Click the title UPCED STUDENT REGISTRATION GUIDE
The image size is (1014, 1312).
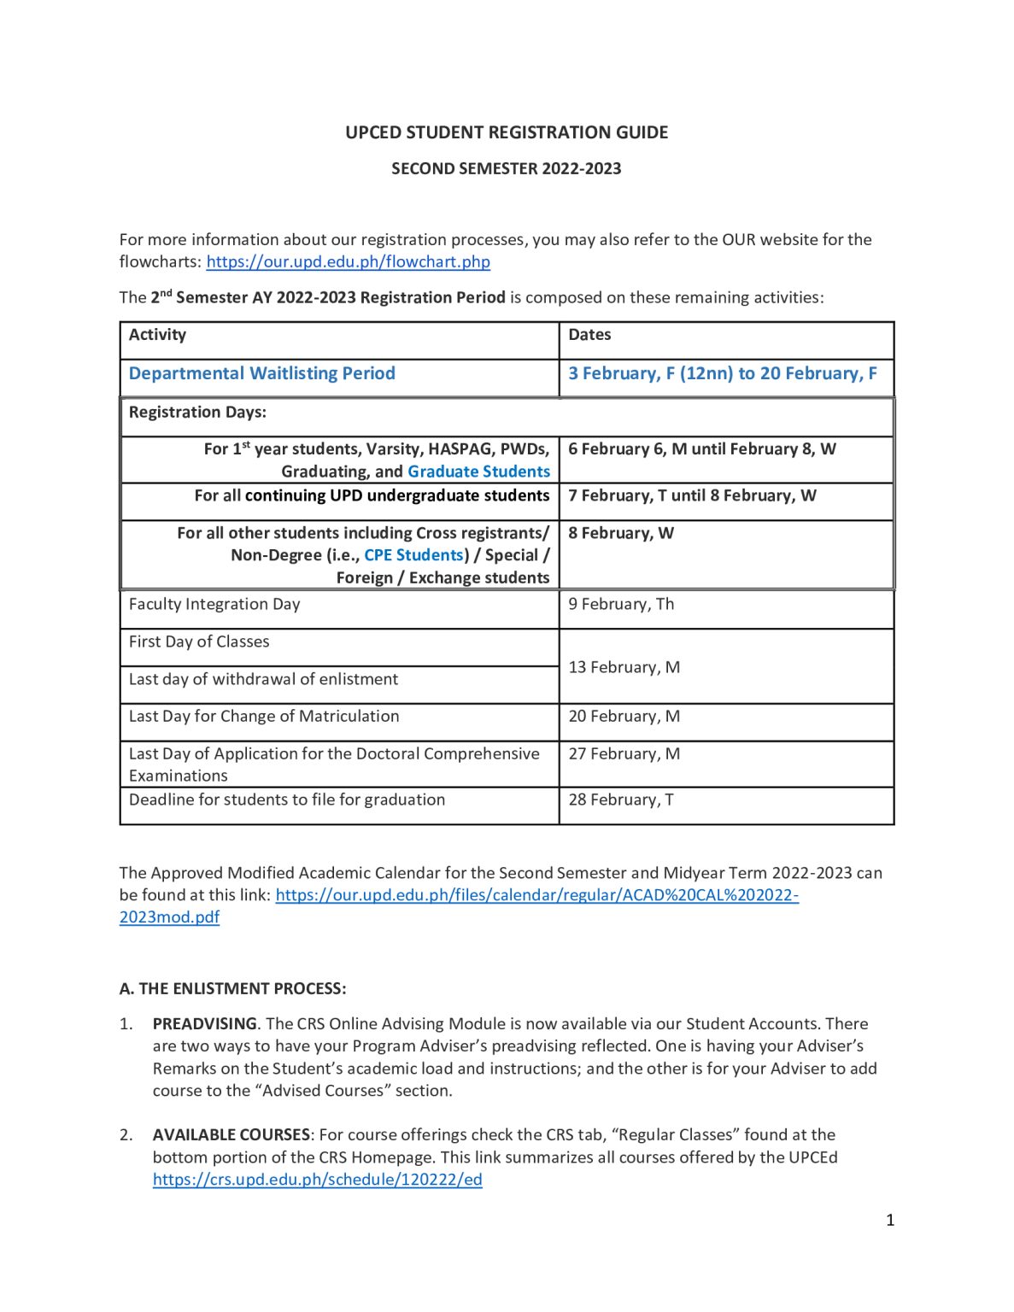click(x=507, y=132)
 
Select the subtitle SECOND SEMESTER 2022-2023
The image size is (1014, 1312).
click(x=507, y=168)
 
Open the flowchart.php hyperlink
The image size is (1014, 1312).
click(x=348, y=262)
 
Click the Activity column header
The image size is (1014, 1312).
click(x=157, y=335)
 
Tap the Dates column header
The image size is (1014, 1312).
click(x=589, y=335)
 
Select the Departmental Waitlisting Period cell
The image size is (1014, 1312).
click(x=261, y=373)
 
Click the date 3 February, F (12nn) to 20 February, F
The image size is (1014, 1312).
click(x=723, y=373)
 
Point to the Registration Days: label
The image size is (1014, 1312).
click(x=197, y=412)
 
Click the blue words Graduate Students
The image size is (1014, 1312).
click(x=478, y=471)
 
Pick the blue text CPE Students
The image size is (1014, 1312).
click(x=414, y=555)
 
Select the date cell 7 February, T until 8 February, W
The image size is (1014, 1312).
click(x=692, y=495)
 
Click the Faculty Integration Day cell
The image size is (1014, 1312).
click(x=214, y=604)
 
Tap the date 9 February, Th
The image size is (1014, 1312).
click(x=621, y=604)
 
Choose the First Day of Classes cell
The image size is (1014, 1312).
click(x=199, y=641)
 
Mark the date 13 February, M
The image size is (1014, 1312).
click(x=624, y=667)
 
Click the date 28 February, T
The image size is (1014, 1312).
click(x=621, y=799)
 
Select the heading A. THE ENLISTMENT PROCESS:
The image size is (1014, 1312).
click(x=232, y=988)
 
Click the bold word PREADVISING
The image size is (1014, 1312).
click(x=204, y=1023)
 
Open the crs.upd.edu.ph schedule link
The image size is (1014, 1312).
click(x=317, y=1180)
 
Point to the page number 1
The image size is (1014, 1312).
click(x=890, y=1220)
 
